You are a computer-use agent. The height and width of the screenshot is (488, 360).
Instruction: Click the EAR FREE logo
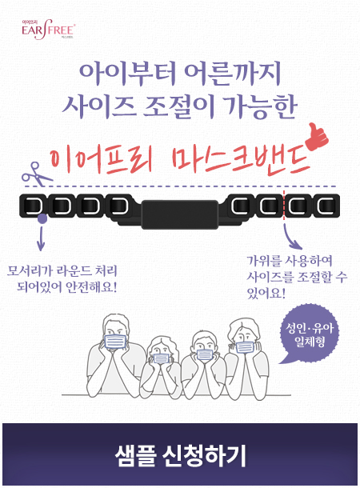point(48,30)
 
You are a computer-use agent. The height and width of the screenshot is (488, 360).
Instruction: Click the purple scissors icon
point(36,174)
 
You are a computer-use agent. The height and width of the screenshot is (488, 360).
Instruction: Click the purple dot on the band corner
point(42,218)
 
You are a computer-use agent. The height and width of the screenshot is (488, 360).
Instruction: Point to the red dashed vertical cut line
point(284,203)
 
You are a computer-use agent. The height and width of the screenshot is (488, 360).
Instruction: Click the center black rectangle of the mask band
point(180,214)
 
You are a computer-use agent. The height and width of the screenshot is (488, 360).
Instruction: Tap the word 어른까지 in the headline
point(232,74)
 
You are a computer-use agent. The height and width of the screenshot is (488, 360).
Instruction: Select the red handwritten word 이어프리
point(101,161)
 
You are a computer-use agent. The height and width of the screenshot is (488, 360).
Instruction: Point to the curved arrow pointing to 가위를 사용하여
point(291,237)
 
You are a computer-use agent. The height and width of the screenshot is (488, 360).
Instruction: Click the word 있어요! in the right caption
point(266,293)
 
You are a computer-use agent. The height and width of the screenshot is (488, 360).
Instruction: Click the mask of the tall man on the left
point(115,341)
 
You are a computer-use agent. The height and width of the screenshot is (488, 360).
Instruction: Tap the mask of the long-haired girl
point(161,358)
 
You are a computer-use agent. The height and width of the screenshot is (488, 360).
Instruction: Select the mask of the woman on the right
point(245,347)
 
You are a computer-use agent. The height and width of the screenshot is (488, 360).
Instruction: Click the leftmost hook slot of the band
point(31,206)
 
